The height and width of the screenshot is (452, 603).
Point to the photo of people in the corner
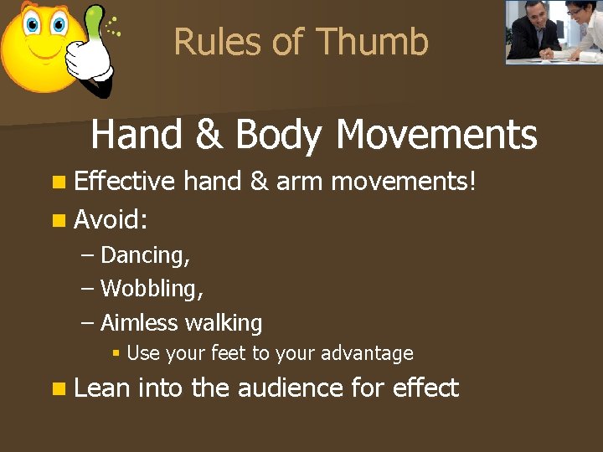pos(554,32)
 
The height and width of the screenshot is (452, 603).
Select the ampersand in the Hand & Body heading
pos(211,135)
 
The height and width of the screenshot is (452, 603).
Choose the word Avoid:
pos(111,220)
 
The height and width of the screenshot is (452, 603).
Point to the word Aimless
pos(139,322)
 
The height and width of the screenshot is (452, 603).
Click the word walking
pos(224,323)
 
